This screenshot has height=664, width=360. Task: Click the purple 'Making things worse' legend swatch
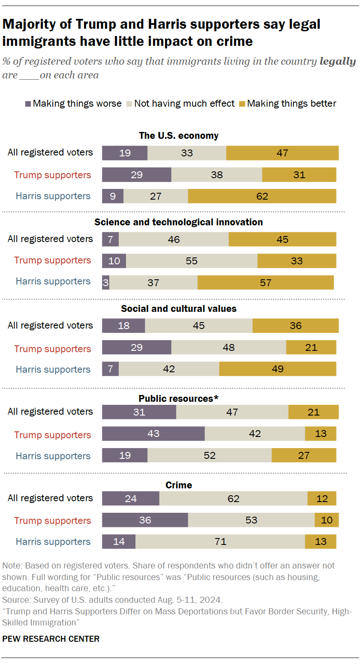pos(28,104)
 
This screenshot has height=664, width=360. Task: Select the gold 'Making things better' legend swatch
pos(242,104)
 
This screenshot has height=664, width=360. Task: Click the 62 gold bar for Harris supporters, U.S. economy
pos(262,196)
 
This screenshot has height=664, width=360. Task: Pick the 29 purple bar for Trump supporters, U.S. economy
pos(136,175)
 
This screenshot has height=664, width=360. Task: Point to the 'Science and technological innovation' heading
pos(179,222)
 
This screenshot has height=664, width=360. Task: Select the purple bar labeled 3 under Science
pos(105,283)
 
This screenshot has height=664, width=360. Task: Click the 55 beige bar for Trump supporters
pos(192,261)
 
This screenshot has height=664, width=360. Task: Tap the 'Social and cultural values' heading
pos(179,308)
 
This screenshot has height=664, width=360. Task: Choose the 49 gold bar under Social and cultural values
pos(277,369)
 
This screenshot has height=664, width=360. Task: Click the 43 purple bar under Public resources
pos(153,434)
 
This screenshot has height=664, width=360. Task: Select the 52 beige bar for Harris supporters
pos(209,455)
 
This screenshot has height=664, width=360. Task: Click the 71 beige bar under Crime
pos(220,541)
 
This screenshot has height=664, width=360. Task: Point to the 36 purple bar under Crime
pos(145,520)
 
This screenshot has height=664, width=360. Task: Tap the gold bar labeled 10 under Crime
pos(327,520)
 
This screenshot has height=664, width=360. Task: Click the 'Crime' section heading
pos(179,485)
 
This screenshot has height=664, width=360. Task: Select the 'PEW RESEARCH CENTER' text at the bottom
pos(51,639)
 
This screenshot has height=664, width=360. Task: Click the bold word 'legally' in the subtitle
pos(338,61)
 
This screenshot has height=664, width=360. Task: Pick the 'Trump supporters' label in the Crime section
pos(53,520)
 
